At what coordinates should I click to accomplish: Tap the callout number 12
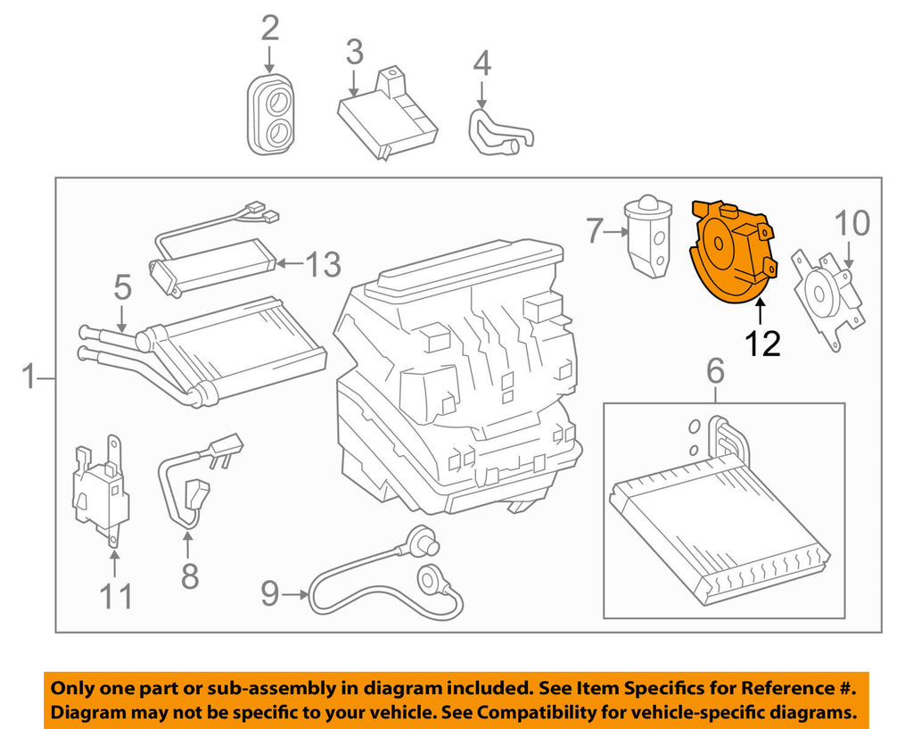(x=763, y=342)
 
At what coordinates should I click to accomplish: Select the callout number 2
(x=269, y=29)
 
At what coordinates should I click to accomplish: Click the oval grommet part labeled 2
(x=270, y=115)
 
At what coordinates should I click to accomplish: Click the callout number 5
(x=122, y=286)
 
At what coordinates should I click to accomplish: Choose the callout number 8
(x=190, y=575)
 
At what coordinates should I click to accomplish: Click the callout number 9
(x=270, y=593)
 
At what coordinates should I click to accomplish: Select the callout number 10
(x=853, y=223)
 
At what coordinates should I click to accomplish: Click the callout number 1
(x=29, y=378)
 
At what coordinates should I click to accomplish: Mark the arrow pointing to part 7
(x=614, y=232)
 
